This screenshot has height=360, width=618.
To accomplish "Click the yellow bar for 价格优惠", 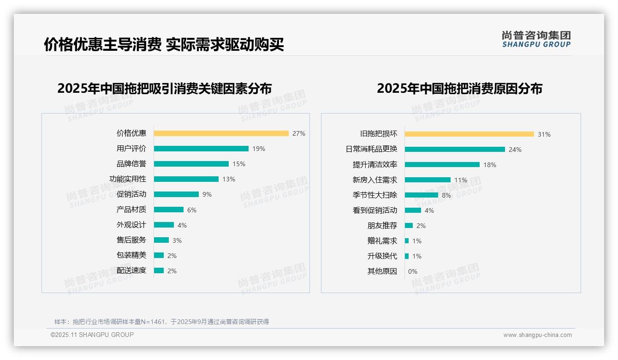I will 221,133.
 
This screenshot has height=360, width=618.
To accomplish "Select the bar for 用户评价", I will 201,149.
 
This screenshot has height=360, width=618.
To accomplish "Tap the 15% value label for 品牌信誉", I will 239,164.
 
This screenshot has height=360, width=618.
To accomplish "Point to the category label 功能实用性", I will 128,179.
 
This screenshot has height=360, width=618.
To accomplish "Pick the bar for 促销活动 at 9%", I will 176,194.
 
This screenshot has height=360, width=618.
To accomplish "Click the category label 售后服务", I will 131,240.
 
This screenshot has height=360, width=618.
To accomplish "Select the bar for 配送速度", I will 159,270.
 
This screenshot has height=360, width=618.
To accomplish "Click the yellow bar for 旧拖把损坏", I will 469,134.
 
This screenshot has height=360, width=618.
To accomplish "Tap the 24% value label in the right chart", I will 515,150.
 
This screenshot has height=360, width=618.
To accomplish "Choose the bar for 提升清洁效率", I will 442,165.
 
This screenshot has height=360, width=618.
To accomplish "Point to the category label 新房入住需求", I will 375,180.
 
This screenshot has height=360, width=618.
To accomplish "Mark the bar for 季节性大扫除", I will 421,195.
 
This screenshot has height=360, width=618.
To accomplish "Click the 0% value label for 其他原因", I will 413,271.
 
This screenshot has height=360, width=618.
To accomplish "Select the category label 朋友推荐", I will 382,226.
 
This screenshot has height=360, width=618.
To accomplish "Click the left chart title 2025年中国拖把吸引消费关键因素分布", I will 165,88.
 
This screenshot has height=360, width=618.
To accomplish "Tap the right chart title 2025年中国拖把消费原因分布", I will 459,88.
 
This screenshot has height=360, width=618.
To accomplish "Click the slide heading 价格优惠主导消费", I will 102,44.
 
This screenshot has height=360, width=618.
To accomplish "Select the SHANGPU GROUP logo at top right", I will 536,39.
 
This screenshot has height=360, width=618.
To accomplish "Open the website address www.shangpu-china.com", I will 537,335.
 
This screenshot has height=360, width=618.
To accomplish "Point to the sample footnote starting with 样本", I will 161,322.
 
